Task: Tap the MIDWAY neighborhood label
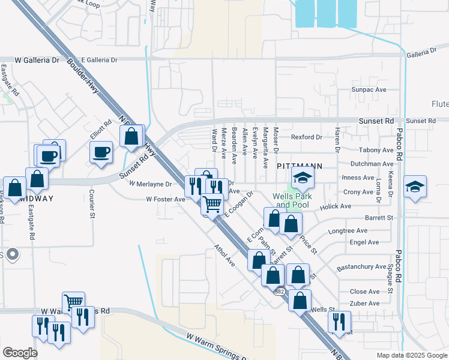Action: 35,199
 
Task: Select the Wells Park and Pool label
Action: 295,200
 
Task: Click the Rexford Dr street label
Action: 307,137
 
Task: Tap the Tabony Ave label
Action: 376,150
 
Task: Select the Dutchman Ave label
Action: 372,163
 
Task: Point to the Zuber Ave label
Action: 365,304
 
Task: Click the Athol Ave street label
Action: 224,255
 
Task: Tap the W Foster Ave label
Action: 165,199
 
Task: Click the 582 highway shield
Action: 280,292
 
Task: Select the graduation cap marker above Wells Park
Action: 303,177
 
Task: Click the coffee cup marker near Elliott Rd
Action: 101,151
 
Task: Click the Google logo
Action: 20,353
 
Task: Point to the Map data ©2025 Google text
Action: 411,355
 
